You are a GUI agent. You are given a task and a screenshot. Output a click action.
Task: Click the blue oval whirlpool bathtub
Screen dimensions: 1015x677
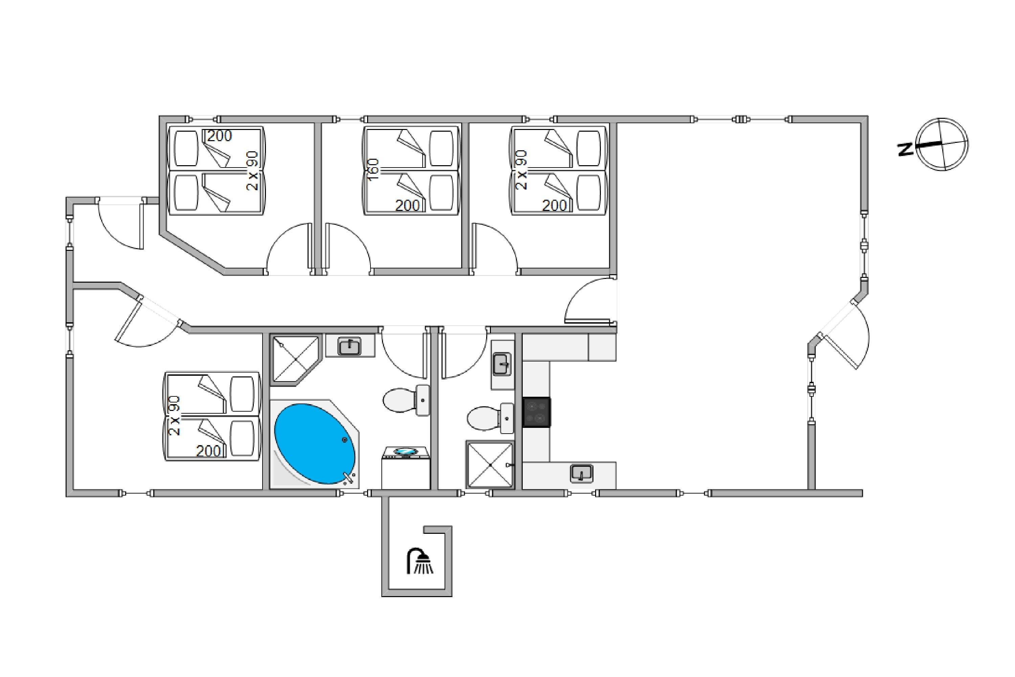(x=315, y=444)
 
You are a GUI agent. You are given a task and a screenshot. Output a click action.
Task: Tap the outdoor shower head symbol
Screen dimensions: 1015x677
(x=420, y=561)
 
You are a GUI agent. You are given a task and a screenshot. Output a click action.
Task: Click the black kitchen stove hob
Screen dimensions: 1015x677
(x=536, y=412)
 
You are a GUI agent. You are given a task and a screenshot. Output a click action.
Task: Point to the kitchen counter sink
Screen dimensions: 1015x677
(x=581, y=474)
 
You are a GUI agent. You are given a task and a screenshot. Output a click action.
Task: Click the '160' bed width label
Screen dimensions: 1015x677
(x=374, y=170)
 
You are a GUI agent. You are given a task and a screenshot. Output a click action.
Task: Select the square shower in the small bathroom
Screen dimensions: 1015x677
(x=490, y=464)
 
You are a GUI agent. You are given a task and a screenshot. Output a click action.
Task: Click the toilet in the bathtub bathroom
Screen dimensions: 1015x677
(x=406, y=400)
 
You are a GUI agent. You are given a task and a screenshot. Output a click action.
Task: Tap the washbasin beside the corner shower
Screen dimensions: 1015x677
(x=349, y=346)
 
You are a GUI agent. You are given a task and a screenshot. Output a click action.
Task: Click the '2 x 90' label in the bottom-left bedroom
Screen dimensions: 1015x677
(x=174, y=415)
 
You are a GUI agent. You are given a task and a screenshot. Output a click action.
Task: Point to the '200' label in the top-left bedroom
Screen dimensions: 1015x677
(x=219, y=136)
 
